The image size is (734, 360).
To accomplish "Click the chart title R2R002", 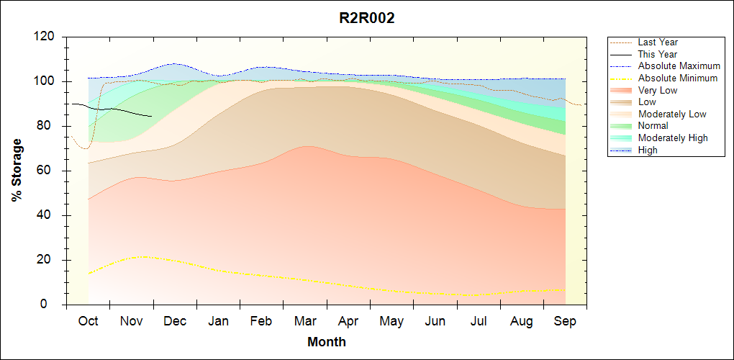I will click(x=367, y=19).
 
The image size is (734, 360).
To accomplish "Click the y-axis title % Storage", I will click(x=17, y=174).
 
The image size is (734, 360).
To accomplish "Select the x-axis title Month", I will click(x=326, y=341).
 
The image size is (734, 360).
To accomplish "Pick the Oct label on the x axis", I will click(x=88, y=321).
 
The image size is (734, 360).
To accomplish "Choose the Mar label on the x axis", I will click(x=305, y=321).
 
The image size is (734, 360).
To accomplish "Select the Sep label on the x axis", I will click(x=565, y=321).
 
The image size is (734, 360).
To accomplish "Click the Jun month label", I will click(x=435, y=321).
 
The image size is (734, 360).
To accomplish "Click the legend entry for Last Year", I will click(x=657, y=42).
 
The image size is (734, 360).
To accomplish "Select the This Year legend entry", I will click(x=657, y=54).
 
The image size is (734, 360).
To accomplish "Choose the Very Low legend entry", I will click(x=657, y=90).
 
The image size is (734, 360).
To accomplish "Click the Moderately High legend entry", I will click(x=672, y=138).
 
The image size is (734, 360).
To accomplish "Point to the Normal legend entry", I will click(x=653, y=126).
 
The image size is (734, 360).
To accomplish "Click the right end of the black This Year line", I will click(x=152, y=116).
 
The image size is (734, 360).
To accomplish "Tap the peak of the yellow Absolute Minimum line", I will click(x=144, y=256).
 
